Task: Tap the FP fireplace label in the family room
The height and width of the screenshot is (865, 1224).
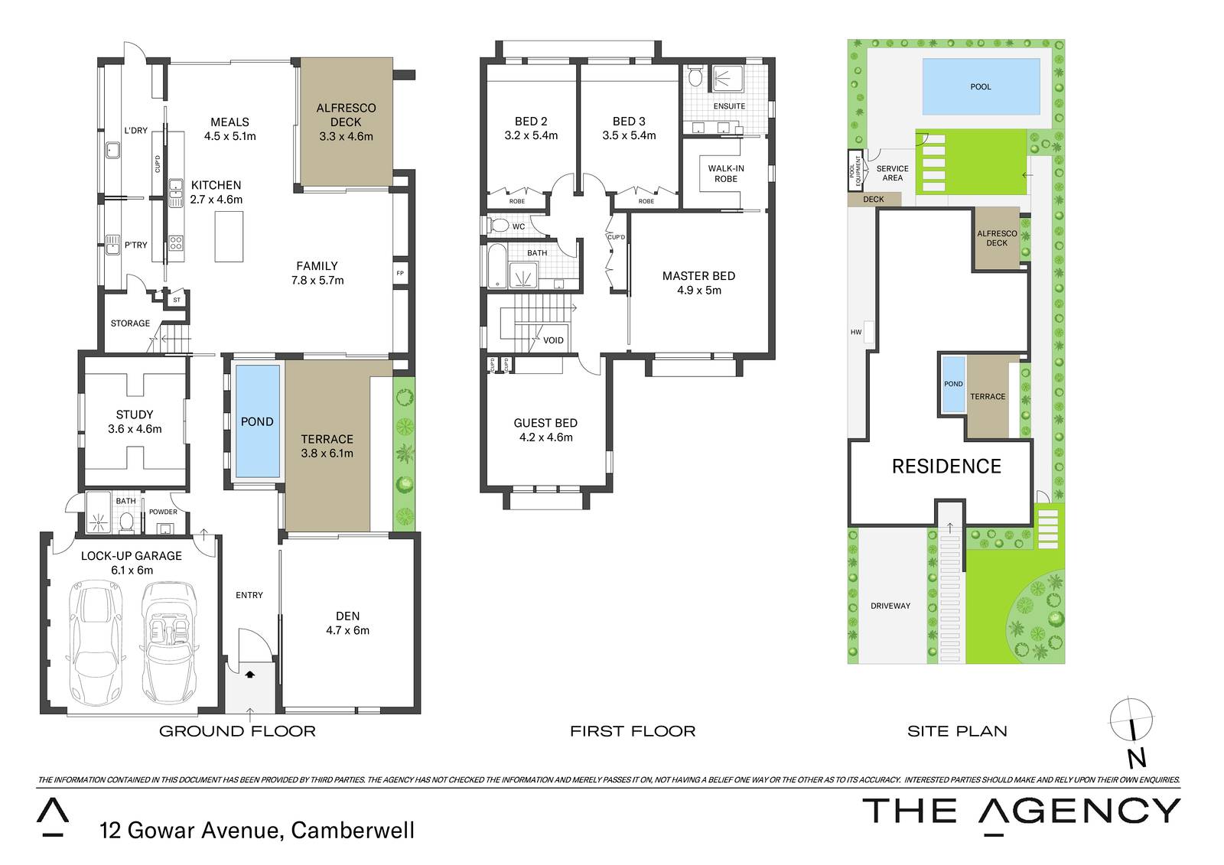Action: [400, 273]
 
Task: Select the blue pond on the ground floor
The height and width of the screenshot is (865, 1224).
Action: [257, 421]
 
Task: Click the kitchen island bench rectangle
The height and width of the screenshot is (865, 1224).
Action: [229, 236]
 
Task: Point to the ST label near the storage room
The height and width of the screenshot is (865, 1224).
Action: [177, 300]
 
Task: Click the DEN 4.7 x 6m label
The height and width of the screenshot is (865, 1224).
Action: [347, 623]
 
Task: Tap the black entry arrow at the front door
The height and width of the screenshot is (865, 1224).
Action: [250, 675]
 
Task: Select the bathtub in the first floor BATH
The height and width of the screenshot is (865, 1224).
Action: [496, 265]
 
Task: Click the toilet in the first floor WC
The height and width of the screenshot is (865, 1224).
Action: [498, 226]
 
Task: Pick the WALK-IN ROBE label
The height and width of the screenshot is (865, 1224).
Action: [726, 174]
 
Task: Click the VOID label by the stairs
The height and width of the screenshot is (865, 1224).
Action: [553, 340]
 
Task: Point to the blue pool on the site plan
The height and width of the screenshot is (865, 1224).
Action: [981, 86]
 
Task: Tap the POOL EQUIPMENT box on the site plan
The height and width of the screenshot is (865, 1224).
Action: [855, 171]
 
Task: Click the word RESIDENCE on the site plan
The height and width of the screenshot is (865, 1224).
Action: [946, 466]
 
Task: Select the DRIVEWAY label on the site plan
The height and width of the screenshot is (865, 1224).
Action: [890, 606]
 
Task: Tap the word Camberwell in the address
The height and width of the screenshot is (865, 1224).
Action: [353, 831]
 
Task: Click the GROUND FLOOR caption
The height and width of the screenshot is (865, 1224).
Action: [237, 731]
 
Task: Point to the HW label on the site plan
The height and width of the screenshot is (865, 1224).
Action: [856, 332]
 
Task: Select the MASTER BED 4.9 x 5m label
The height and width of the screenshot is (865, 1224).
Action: [699, 283]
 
